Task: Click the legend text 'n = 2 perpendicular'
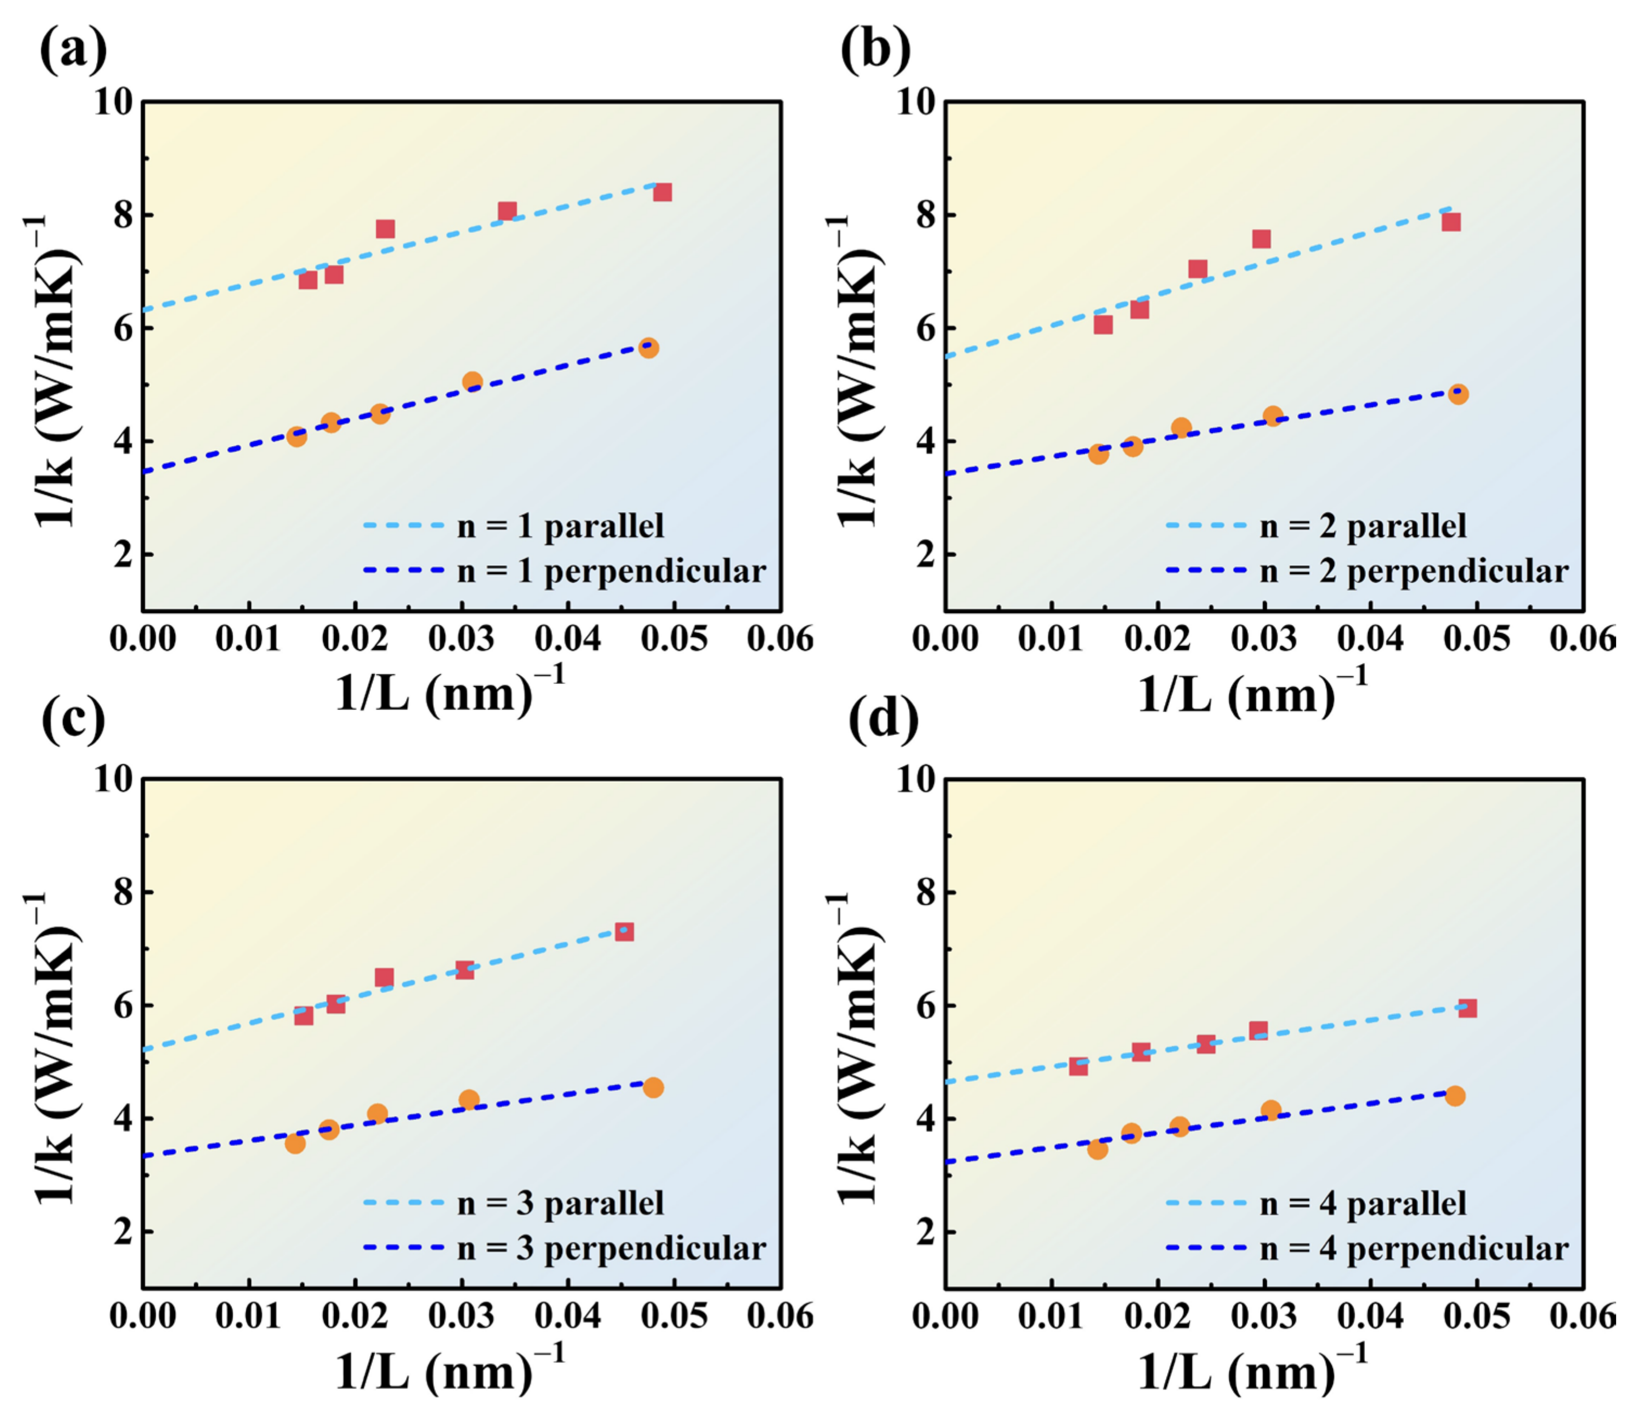click(1414, 571)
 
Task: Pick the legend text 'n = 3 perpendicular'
click(611, 1249)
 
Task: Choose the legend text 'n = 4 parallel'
click(1363, 1204)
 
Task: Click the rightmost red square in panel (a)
click(663, 193)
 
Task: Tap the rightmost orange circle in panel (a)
click(649, 348)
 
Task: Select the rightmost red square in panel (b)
click(1451, 222)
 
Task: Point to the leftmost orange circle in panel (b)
click(1098, 453)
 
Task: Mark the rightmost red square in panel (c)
click(624, 932)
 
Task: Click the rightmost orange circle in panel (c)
click(653, 1088)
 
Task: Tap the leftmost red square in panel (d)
click(1078, 1066)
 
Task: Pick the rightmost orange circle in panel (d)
click(1454, 1096)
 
